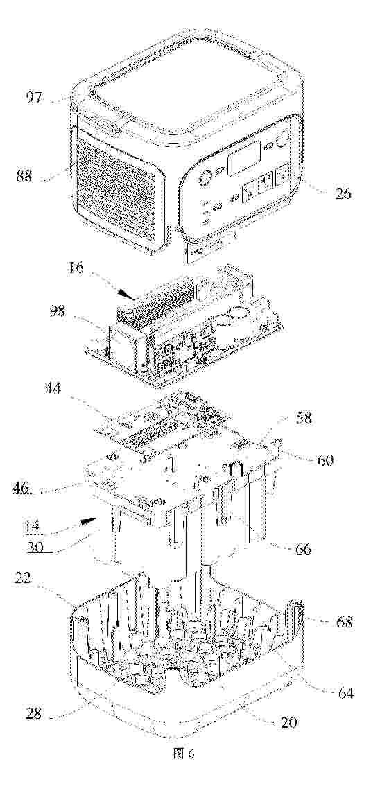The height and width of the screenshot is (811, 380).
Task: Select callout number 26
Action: click(x=342, y=194)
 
